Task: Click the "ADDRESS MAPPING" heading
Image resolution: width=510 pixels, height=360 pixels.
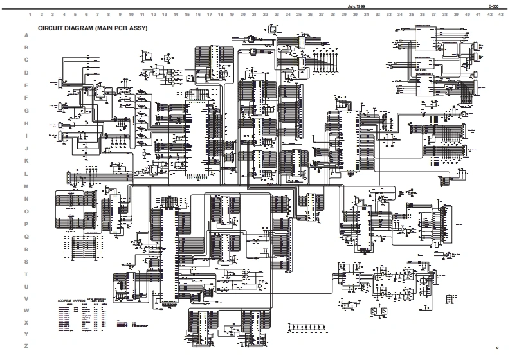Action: click(x=71, y=300)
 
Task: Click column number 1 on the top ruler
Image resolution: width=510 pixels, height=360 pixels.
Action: click(x=31, y=14)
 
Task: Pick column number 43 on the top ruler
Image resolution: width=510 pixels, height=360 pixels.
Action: click(x=500, y=14)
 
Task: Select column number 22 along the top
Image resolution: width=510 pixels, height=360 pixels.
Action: click(x=266, y=14)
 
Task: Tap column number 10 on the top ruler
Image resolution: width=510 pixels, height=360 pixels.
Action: click(x=131, y=14)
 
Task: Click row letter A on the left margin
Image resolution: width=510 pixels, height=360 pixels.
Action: click(x=26, y=35)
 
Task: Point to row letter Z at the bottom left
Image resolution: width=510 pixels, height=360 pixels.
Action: click(x=26, y=346)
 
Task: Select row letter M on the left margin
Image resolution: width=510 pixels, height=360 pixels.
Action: click(x=26, y=186)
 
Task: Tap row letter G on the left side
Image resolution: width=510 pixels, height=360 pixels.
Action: click(x=26, y=111)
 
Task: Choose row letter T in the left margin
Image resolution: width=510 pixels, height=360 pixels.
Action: click(x=26, y=274)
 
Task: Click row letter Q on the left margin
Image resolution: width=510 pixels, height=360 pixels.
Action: click(x=26, y=236)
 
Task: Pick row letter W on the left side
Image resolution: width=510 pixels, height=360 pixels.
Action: click(x=26, y=311)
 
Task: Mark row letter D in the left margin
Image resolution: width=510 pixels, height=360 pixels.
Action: click(x=26, y=73)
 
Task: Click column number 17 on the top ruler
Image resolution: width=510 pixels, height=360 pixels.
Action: click(x=210, y=14)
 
